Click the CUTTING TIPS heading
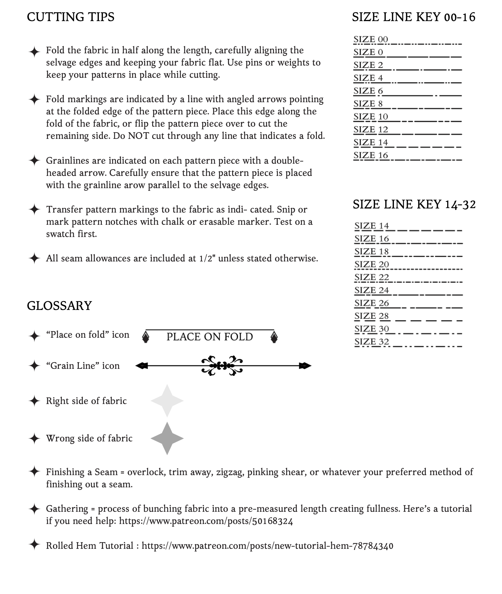pos(71,17)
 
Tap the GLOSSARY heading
pos(59,306)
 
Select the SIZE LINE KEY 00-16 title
pos(413,17)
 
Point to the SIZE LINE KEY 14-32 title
pos(414,204)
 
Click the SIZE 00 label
pos(371,39)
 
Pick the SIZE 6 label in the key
pos(368,91)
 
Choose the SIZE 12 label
pos(371,130)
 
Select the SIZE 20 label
pos(372,264)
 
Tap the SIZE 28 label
pos(372,316)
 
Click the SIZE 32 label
pos(372,341)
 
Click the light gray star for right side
pos(167,401)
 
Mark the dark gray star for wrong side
pos(167,438)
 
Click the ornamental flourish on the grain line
pos(222,366)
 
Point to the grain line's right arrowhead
pos(305,366)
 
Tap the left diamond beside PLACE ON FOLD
pos(146,337)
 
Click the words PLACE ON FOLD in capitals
pos(210,337)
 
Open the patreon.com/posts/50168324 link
pos(206,521)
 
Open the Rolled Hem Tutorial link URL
pos(267,546)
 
